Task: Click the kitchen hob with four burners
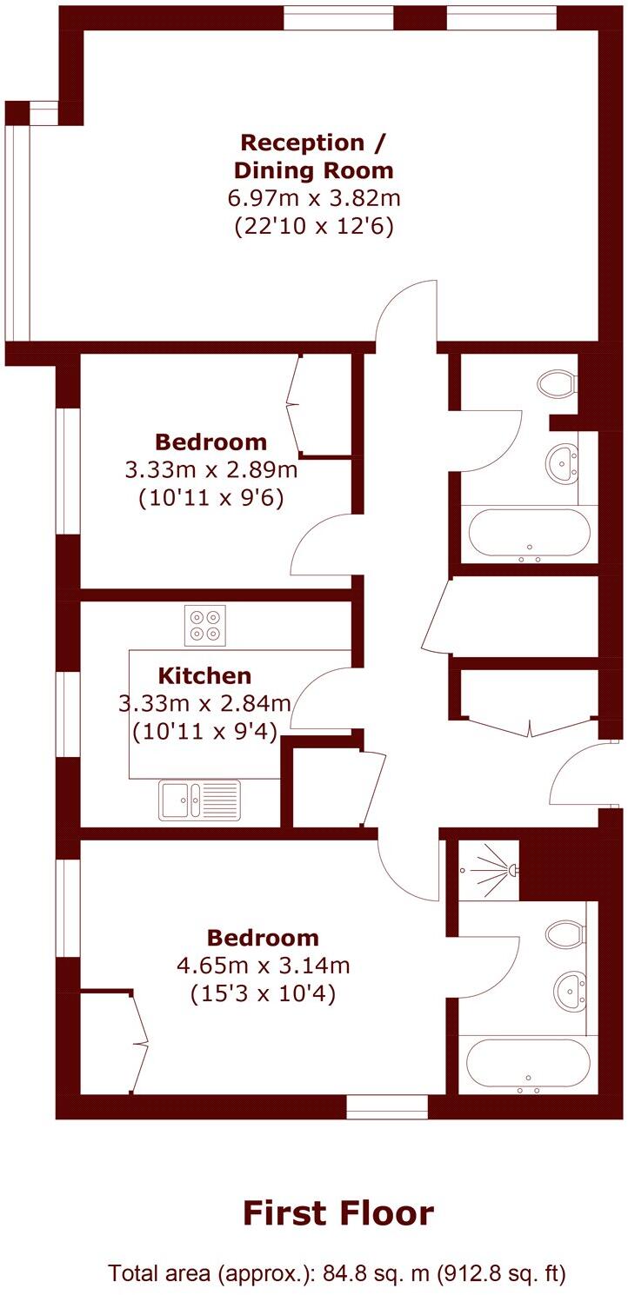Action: pyautogui.click(x=204, y=625)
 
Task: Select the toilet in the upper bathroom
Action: pyautogui.click(x=557, y=382)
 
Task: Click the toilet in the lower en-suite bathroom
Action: pyautogui.click(x=565, y=935)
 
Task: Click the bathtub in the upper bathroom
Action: pyautogui.click(x=529, y=532)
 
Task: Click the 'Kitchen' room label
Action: pyautogui.click(x=204, y=675)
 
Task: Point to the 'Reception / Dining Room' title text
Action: pyautogui.click(x=314, y=156)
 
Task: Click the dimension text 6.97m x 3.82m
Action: pyautogui.click(x=314, y=198)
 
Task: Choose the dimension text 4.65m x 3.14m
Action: pyautogui.click(x=263, y=965)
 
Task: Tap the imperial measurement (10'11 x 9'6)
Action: pyautogui.click(x=211, y=499)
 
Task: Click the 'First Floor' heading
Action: pyautogui.click(x=338, y=1212)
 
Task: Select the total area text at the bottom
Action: pyautogui.click(x=337, y=1274)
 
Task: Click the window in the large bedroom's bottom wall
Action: pyautogui.click(x=387, y=1106)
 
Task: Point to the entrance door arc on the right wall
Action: pyautogui.click(x=573, y=774)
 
